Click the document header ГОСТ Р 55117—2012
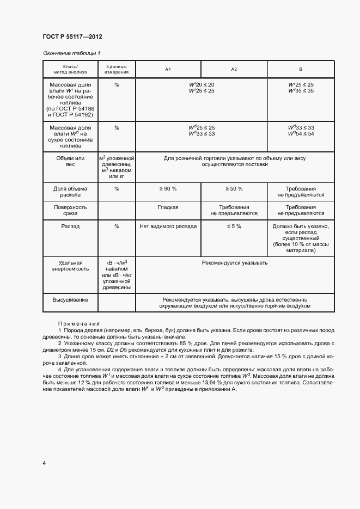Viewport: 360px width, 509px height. tap(72, 37)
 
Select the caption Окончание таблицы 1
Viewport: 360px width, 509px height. tap(71, 53)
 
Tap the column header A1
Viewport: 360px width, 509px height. tap(168, 69)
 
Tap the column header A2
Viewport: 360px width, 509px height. tap(234, 69)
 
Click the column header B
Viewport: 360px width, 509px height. tap(301, 69)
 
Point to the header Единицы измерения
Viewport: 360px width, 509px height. tap(117, 69)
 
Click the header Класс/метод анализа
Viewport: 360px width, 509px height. tap(71, 69)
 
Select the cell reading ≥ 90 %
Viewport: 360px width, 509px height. tap(168, 188)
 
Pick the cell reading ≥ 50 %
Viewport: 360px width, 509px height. tap(234, 188)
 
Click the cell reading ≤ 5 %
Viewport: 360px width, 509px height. tap(234, 226)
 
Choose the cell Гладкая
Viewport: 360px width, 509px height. tap(168, 207)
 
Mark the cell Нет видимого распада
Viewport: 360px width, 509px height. tap(168, 226)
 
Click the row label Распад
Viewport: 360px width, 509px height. tap(71, 226)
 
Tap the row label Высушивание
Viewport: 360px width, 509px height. tap(71, 299)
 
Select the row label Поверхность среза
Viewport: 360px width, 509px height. tap(71, 211)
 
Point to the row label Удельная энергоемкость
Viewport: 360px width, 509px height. tap(71, 266)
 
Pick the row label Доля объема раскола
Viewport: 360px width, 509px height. tap(71, 192)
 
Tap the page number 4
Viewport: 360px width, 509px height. tap(44, 463)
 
